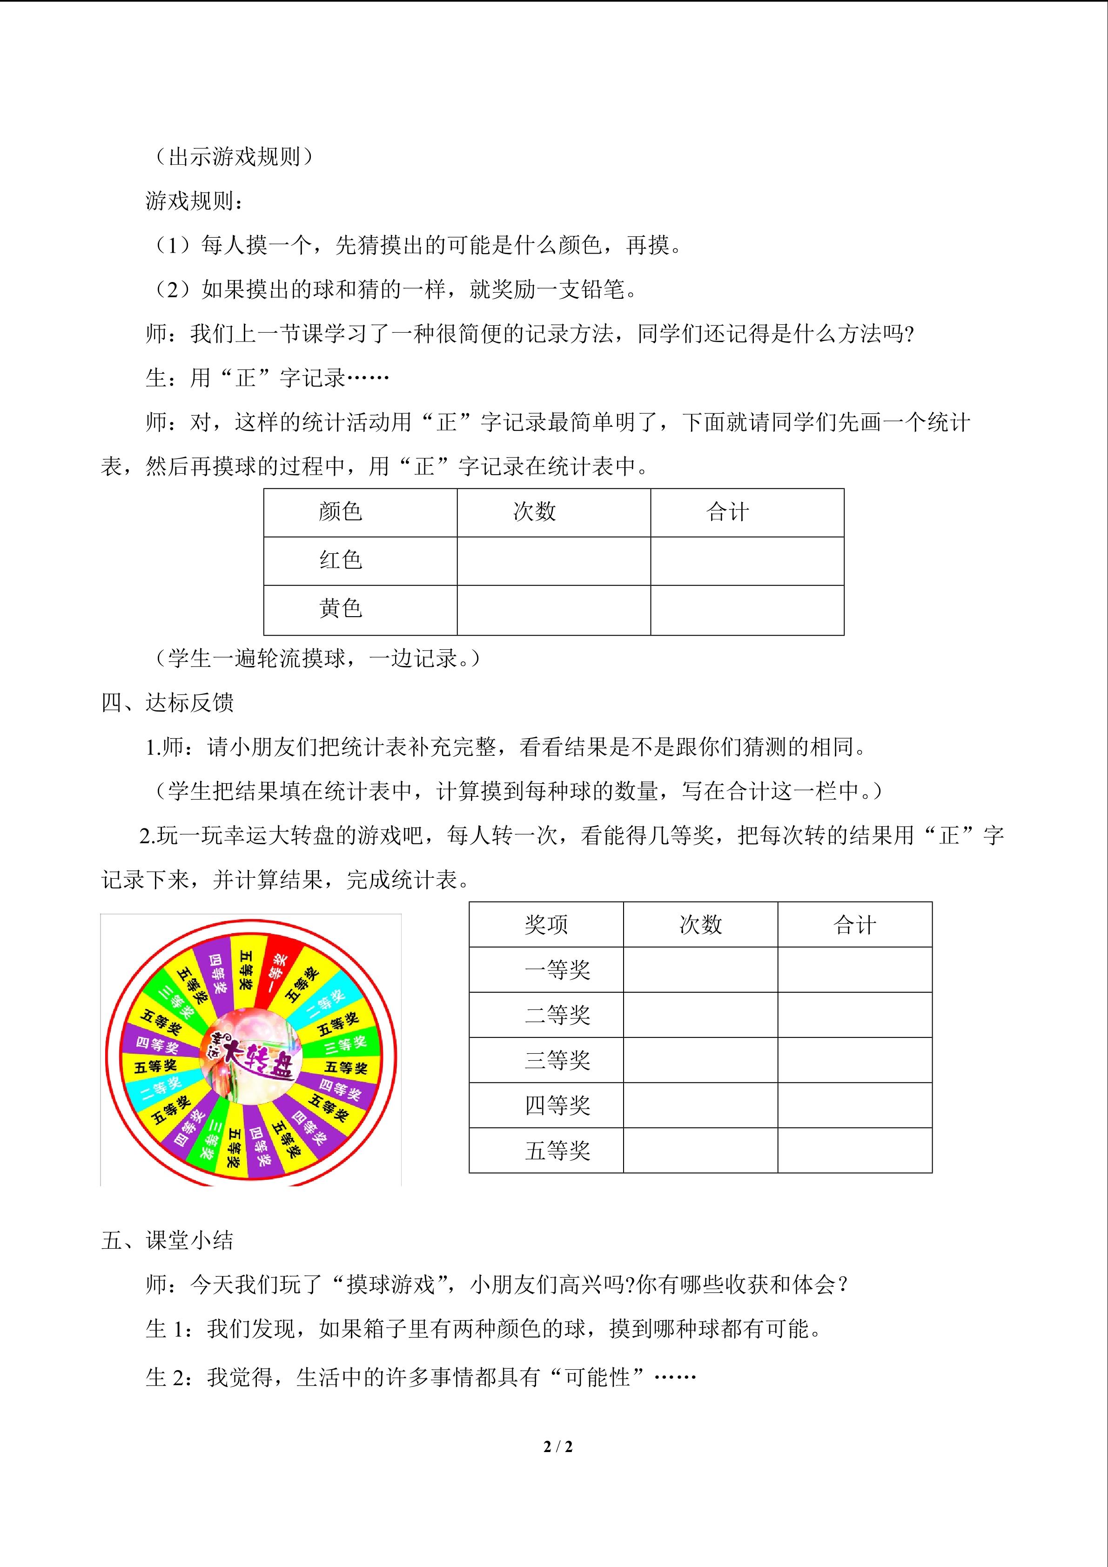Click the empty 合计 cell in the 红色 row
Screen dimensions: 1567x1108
(747, 561)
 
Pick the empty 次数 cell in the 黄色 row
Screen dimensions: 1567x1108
(553, 610)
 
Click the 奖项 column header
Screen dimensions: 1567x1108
(546, 925)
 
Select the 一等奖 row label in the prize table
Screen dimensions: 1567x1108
(557, 970)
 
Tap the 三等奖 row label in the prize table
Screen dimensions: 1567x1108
(557, 1060)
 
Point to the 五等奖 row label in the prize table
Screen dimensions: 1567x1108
(557, 1150)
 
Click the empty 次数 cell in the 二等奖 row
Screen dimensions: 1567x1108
(700, 1015)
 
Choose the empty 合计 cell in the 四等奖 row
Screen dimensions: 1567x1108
(854, 1105)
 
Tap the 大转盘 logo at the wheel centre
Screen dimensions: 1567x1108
(252, 1058)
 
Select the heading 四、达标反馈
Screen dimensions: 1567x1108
(168, 703)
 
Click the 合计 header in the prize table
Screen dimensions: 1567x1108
(854, 925)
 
